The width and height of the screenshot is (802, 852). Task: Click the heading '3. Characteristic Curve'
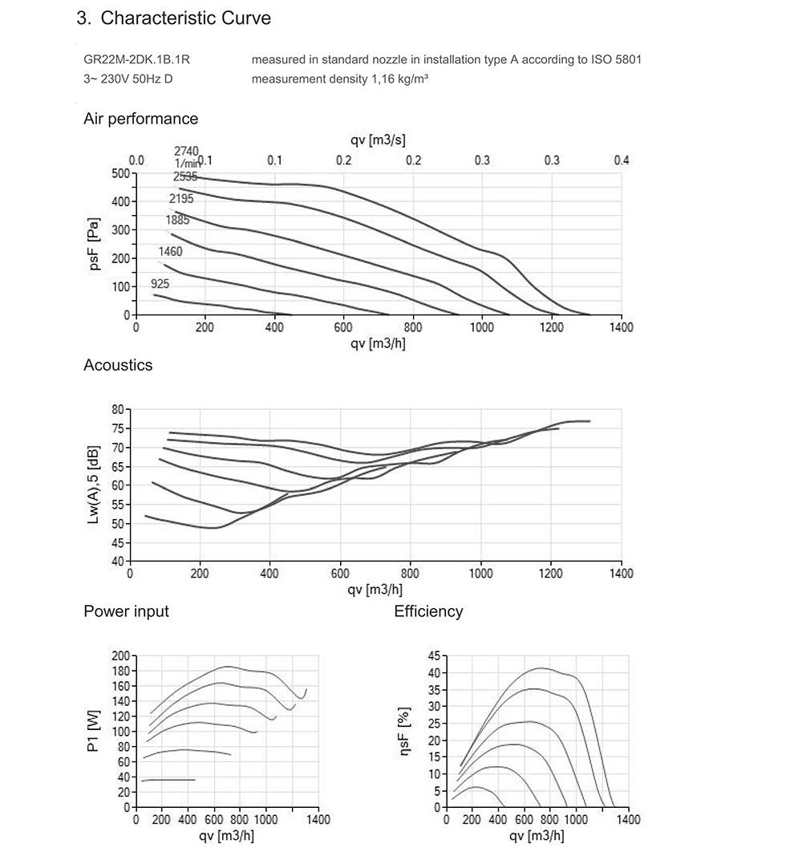[174, 18]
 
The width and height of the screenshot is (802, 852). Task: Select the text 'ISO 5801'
[618, 60]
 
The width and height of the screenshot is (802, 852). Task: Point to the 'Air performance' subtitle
[140, 119]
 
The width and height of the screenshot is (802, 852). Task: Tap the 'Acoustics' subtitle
[118, 365]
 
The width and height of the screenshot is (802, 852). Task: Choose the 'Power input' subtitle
[126, 611]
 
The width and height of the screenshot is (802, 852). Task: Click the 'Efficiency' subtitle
[428, 611]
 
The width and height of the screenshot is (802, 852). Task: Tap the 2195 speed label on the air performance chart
[181, 198]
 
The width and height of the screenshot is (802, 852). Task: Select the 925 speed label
[160, 284]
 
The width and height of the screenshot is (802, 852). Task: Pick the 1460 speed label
[170, 252]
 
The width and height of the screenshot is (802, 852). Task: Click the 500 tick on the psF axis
[120, 173]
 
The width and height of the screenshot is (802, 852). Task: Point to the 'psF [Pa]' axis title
[95, 243]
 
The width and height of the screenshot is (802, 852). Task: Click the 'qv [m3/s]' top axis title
[378, 140]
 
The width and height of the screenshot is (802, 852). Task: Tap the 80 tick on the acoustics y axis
[117, 409]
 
